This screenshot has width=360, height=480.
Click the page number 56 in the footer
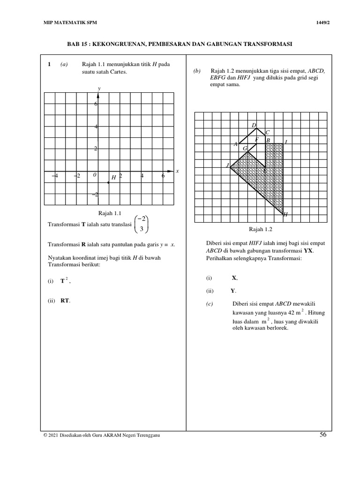point(323,435)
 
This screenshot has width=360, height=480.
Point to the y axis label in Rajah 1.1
point(98,88)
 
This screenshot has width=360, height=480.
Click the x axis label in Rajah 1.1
point(177,171)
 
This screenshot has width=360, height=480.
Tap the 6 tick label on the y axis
point(96,104)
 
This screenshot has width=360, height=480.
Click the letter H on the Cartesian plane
point(113,178)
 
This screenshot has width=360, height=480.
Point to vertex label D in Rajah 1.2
point(254,125)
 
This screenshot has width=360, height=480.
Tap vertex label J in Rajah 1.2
point(227,165)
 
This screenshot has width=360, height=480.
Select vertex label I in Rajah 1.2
point(286,141)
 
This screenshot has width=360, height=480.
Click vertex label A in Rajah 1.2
point(236,144)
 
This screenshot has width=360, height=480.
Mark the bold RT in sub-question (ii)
point(65,301)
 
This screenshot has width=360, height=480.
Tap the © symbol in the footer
point(44,435)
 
